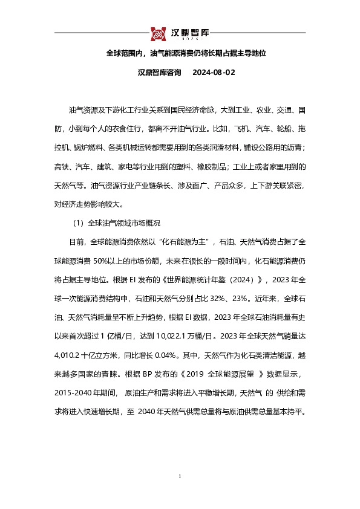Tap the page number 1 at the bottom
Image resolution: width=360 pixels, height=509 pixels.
point(180,478)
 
